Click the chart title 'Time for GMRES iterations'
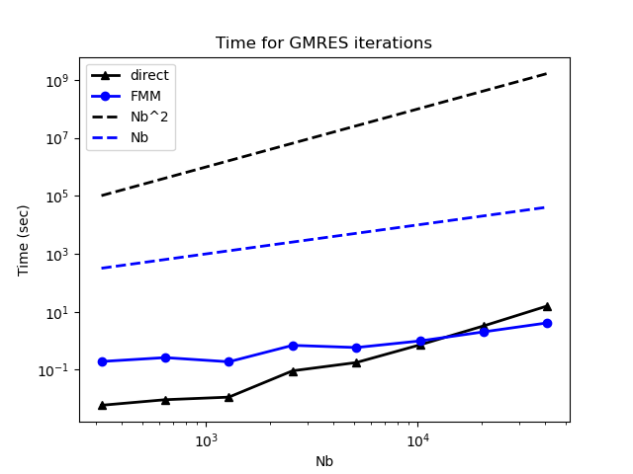click(323, 43)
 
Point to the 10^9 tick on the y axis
click(59, 81)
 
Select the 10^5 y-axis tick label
click(59, 197)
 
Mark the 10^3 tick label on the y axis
click(59, 255)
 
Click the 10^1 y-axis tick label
click(59, 313)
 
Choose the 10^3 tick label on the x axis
click(206, 440)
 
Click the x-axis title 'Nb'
click(324, 461)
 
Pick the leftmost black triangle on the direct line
click(102, 405)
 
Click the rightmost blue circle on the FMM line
click(547, 323)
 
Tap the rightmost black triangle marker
click(547, 306)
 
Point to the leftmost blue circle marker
click(102, 361)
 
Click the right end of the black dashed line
click(547, 73)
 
